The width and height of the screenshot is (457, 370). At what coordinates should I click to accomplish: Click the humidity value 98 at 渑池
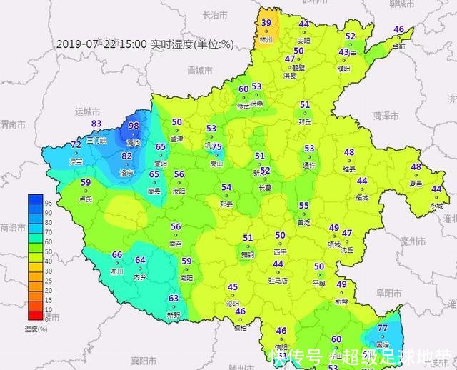[x=134, y=126]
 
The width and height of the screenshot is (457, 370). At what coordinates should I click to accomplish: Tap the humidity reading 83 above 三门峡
[x=96, y=124]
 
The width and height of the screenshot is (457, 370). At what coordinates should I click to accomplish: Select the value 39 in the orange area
[x=266, y=23]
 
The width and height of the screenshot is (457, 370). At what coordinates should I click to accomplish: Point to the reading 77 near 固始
[x=383, y=328]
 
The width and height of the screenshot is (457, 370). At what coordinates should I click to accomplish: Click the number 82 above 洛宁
[x=126, y=156]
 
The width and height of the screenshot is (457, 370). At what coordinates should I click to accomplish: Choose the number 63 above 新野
[x=174, y=299]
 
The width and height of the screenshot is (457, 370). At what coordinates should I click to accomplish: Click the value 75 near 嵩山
[x=216, y=147]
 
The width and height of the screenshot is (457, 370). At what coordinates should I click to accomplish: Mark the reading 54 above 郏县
[x=226, y=188]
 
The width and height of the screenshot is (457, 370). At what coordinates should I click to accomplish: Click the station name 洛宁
[x=126, y=173]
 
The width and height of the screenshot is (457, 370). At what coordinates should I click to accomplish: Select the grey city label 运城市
[x=89, y=112]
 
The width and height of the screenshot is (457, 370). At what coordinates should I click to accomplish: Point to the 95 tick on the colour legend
[x=47, y=203]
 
